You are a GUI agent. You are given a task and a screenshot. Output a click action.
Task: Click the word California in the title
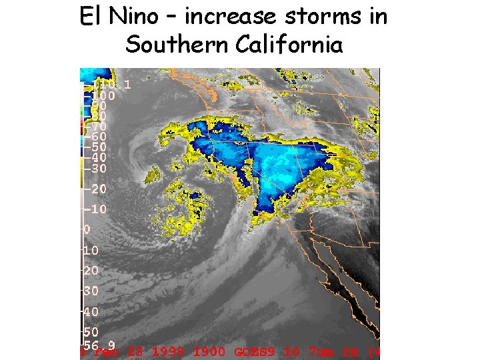289,45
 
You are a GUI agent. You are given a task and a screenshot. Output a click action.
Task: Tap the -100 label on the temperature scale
103,95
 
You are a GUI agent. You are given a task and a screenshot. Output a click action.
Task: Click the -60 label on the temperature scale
99,136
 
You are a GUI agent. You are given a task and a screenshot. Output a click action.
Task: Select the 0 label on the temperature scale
86,229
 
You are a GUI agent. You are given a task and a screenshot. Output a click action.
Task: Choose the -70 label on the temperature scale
99,126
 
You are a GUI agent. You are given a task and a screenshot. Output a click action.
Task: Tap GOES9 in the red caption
254,351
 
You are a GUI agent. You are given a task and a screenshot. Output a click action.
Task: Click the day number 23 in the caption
134,351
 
